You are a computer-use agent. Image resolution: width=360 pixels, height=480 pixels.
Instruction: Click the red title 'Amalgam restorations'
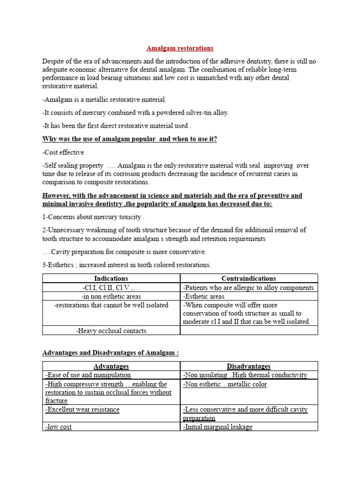[180, 48]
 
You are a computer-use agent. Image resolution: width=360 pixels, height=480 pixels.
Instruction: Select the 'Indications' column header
[111, 278]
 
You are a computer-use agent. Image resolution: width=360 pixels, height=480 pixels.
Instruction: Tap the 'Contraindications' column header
[249, 278]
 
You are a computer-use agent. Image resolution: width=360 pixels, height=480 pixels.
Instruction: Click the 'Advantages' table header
[111, 366]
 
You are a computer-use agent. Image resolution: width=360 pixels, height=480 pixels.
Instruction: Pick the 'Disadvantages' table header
[249, 366]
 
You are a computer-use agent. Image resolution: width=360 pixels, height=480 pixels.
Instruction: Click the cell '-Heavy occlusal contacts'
[111, 331]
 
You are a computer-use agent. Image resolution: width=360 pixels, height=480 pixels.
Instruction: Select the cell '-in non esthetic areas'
[111, 296]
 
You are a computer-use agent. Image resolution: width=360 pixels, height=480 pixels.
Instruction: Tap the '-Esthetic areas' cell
[204, 296]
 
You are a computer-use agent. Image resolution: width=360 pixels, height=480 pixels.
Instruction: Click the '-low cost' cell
[59, 427]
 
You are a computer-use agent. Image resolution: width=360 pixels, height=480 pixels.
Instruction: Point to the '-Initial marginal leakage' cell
[217, 427]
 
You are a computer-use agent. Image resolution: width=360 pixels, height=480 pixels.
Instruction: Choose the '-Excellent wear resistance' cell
[82, 410]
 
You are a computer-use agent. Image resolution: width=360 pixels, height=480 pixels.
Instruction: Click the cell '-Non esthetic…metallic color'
[225, 384]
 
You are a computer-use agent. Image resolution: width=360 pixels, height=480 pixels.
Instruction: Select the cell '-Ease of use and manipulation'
[88, 375]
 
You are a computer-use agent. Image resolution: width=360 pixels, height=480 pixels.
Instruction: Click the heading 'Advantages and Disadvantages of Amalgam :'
[111, 352]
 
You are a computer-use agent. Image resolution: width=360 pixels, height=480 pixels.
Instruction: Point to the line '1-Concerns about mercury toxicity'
[94, 217]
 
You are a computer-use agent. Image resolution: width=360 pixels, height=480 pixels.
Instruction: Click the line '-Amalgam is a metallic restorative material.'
[105, 100]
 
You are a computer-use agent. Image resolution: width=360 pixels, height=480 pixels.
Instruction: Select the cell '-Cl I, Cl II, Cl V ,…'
[111, 288]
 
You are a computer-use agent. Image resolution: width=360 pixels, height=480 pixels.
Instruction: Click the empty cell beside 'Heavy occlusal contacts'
[249, 331]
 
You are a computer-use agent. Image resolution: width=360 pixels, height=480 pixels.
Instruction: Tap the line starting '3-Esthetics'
[127, 265]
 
